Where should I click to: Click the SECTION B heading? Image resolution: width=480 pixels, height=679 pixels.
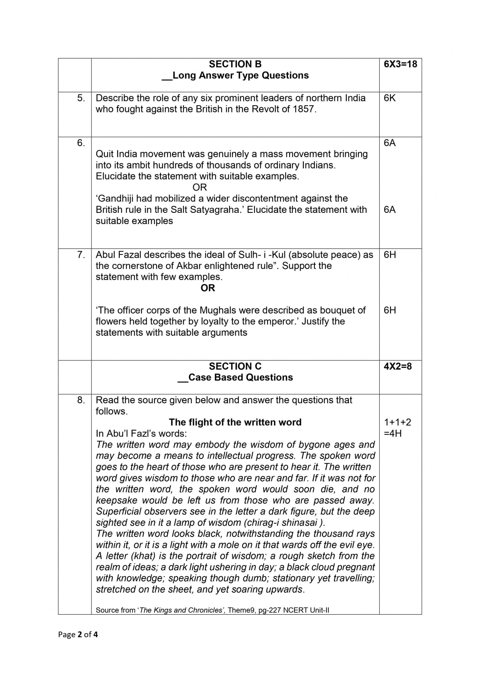pos(235,64)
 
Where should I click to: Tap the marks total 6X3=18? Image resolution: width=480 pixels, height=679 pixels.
pos(400,64)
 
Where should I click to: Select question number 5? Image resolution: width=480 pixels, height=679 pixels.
pos(81,98)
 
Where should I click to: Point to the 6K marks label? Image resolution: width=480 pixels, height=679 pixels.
pos(390,98)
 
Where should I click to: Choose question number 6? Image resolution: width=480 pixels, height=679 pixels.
pos(81,143)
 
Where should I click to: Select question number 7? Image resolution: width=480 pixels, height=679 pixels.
pos(81,255)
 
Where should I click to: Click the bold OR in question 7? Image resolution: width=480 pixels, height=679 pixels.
pos(208,288)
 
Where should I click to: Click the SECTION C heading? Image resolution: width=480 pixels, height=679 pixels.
pos(235,367)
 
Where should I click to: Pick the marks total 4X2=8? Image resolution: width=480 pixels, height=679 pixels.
pos(397,367)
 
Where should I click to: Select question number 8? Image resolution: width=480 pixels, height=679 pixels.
pos(81,400)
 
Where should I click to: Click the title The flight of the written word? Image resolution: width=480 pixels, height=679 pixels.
pos(235,423)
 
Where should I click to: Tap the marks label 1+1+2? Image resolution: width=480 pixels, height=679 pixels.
pos(397,423)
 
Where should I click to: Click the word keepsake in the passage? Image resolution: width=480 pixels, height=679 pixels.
pos(116,501)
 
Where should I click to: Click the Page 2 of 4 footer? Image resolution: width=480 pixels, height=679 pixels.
pos(78,635)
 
